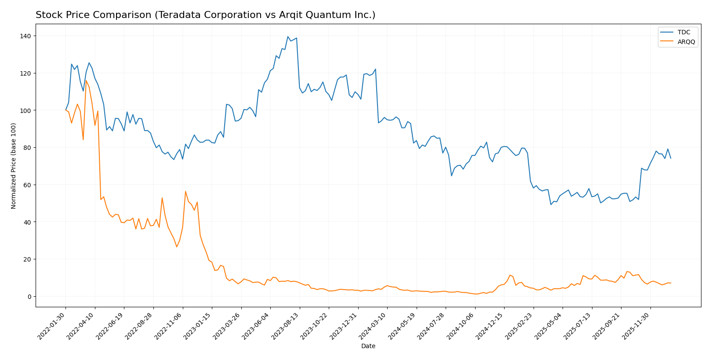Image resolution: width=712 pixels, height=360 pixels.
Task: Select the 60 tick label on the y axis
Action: click(x=28, y=185)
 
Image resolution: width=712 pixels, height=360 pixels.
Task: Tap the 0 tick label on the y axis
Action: click(x=29, y=297)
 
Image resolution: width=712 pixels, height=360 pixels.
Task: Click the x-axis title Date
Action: click(x=368, y=346)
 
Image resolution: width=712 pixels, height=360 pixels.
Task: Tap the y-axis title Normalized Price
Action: click(x=14, y=166)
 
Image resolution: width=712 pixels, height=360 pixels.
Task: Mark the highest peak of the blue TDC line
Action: click(x=288, y=36)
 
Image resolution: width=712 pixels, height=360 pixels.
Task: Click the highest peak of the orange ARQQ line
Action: click(x=86, y=80)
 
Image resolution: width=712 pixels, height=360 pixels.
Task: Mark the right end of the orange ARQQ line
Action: click(x=671, y=283)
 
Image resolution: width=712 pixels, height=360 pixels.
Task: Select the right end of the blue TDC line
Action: click(x=671, y=158)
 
